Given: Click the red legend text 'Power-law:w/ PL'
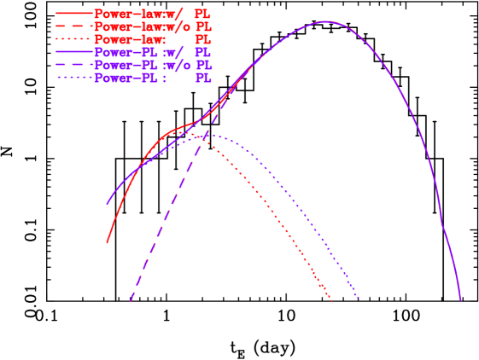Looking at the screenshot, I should tap(152, 14).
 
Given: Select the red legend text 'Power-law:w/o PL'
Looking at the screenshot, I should tap(152, 26).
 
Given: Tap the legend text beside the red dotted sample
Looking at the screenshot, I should tap(152, 39).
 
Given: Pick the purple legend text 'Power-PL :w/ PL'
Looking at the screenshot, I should tap(152, 52).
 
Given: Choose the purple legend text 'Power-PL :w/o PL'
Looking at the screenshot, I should tap(152, 65).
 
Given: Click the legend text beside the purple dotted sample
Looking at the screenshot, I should tap(152, 78).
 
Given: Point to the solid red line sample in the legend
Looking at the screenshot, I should tap(74, 14).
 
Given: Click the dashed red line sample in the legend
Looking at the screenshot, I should tap(74, 26).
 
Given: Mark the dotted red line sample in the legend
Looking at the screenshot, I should tap(74, 39).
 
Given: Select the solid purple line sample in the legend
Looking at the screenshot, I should tap(74, 52).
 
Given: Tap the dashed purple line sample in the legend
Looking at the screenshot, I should tap(74, 65).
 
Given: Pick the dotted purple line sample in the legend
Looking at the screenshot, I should tap(74, 78).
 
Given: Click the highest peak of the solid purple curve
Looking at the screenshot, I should tap(325, 21).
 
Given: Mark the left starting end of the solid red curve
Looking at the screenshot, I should tap(107, 243).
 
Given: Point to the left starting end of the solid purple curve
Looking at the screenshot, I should tap(107, 205).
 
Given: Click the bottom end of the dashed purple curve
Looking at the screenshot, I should tap(131, 300).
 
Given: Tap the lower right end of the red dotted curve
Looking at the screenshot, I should tap(331, 299).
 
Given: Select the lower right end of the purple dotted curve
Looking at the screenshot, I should tap(359, 299).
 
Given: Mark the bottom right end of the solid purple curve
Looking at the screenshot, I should tap(460, 300).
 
